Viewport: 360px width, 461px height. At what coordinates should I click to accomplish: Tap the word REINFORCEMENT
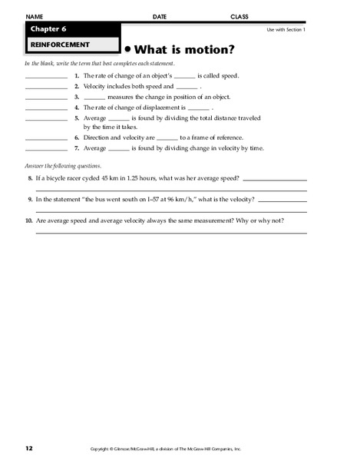click(x=54, y=45)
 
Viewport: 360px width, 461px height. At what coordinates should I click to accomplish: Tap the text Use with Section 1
click(x=286, y=28)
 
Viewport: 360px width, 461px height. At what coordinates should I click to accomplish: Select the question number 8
click(x=28, y=178)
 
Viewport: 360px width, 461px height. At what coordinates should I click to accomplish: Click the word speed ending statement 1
click(x=230, y=77)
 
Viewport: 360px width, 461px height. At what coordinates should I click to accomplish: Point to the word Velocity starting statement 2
click(x=96, y=87)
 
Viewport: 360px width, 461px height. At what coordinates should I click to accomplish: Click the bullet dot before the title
click(x=127, y=48)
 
